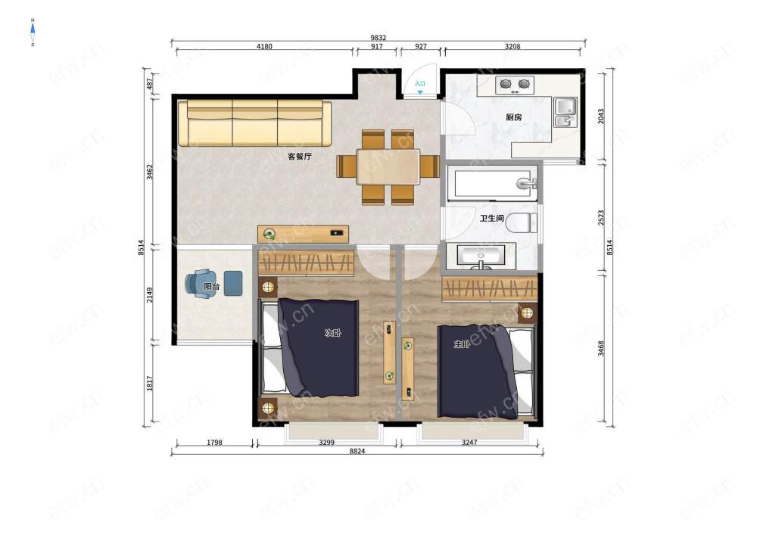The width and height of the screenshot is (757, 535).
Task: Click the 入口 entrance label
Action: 420,83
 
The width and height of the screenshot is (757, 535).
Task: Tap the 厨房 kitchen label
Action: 514,117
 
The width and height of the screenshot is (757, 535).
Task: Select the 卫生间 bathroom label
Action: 491,219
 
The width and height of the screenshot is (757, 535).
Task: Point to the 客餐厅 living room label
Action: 299,157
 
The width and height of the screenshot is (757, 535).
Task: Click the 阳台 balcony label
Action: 211,287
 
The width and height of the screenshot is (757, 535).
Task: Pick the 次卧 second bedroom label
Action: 332,333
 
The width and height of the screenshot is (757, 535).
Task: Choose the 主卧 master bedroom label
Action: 462,344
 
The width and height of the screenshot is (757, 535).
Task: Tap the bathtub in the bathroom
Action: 492,183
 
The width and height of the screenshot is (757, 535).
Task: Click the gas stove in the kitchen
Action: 515,85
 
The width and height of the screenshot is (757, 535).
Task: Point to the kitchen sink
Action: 565,112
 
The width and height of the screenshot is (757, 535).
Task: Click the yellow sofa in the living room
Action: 254,123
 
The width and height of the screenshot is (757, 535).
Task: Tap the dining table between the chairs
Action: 388,167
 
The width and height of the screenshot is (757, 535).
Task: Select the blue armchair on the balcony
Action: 198,284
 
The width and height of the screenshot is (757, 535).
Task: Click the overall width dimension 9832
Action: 378,38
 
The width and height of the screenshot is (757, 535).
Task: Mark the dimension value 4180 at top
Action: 264,47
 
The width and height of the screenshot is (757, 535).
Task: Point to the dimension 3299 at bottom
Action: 326,443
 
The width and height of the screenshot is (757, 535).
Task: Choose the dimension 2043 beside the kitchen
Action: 601,116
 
